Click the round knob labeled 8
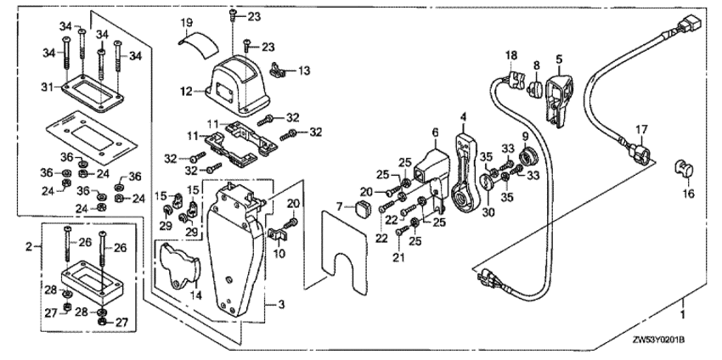(x=536, y=88)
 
